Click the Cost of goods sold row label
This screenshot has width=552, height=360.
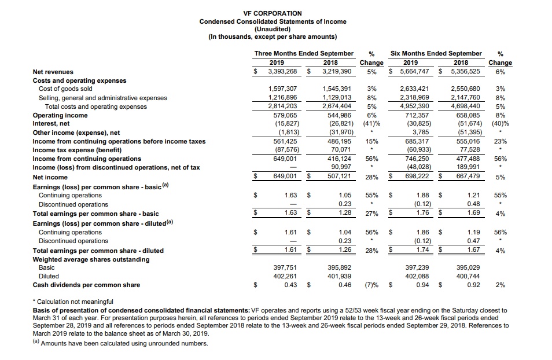(65, 89)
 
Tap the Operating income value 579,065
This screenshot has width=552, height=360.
(283, 115)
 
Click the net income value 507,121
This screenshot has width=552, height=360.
(337, 177)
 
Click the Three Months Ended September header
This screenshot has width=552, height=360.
(304, 53)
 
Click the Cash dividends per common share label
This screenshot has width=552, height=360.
(86, 285)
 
